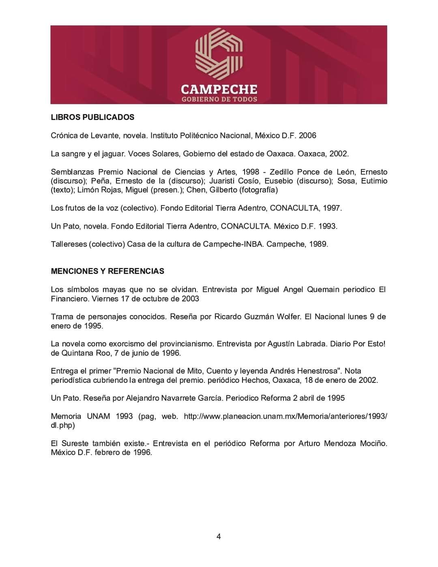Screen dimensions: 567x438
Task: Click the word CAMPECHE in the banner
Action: [x=219, y=89]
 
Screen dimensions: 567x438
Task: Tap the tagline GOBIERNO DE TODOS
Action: [x=219, y=99]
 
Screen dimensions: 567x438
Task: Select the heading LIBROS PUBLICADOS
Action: [x=92, y=117]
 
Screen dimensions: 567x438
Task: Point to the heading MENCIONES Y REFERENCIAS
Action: [x=107, y=271]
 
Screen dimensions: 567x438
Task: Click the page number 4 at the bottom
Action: [x=219, y=537]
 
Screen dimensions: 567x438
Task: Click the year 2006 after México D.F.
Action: [x=307, y=135]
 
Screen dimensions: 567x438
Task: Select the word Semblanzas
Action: [x=72, y=172]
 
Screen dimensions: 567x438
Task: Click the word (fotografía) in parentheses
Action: [x=258, y=190]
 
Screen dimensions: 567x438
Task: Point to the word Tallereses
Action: [x=69, y=244]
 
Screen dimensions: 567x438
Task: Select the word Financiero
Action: [x=69, y=299]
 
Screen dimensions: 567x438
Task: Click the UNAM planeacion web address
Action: [x=286, y=416]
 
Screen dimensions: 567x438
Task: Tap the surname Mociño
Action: [x=373, y=443]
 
